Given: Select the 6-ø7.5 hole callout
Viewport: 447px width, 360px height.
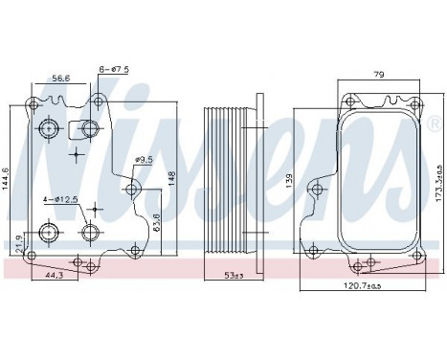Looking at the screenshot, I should (114, 68).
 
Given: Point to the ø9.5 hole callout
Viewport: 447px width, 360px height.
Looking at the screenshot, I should (145, 159).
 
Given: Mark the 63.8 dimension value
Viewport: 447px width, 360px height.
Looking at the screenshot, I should (157, 220).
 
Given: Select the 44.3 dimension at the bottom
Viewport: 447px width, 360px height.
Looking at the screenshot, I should (56, 276).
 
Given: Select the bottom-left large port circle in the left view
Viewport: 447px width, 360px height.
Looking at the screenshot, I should (48, 231).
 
